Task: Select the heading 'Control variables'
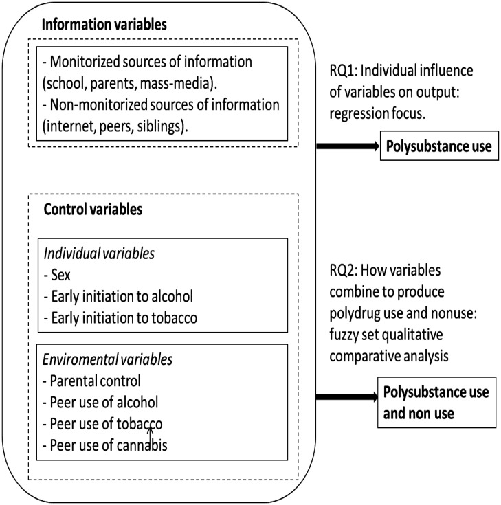[93, 210]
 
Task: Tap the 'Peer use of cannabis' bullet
[104, 445]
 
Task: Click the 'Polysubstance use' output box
[439, 147]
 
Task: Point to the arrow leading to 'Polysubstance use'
[346, 147]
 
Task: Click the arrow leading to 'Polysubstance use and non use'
[346, 396]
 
